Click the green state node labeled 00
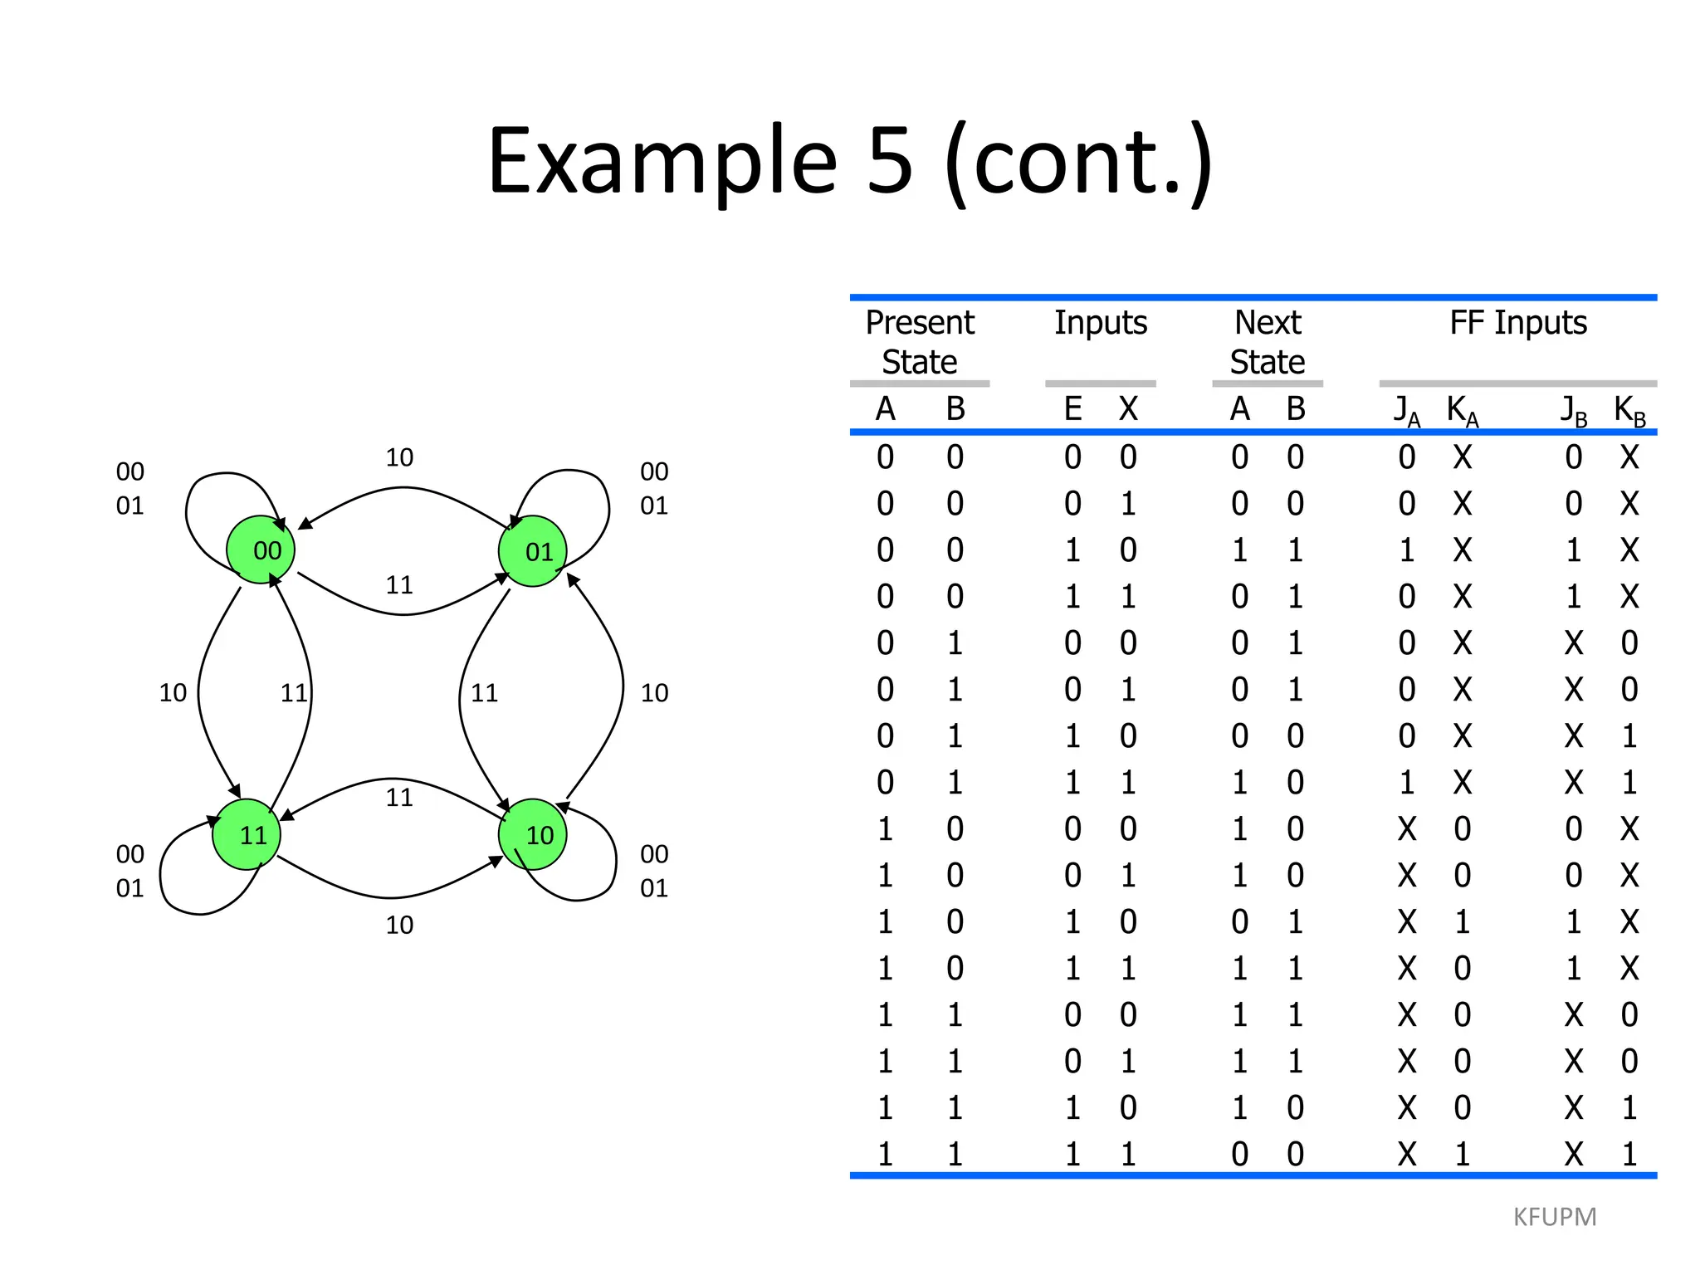[261, 550]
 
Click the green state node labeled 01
[533, 551]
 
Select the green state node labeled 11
[247, 834]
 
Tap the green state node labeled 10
[533, 834]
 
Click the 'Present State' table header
[920, 342]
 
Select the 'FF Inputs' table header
[1517, 322]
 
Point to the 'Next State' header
[1268, 342]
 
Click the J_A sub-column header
[1406, 410]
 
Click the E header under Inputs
[1072, 408]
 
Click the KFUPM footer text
[1555, 1217]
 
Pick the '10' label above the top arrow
[399, 457]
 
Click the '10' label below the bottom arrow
[399, 925]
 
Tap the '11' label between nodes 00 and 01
[399, 585]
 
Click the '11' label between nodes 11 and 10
[399, 798]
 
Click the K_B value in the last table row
[1629, 1154]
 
